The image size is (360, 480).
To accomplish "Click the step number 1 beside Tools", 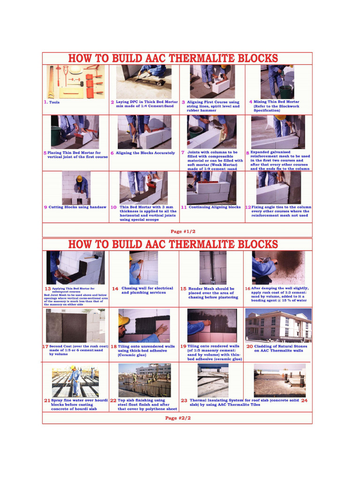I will [x=45, y=102].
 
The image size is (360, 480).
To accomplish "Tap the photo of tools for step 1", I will [x=75, y=82].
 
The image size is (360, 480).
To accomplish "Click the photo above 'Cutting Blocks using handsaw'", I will [x=76, y=187].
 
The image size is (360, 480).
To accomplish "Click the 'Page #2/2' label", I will [x=178, y=418].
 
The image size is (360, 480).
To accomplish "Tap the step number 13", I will [x=47, y=289].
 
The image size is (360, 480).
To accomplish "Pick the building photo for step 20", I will [x=278, y=325].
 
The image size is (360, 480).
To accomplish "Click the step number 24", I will [x=304, y=401].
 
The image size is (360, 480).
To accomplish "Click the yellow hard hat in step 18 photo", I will [x=124, y=320].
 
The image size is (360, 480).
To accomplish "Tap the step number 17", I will [x=45, y=346].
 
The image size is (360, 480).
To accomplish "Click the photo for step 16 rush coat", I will [x=278, y=267].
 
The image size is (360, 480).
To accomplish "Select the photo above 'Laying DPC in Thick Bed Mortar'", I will [x=144, y=82].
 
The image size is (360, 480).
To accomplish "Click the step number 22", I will [x=113, y=401].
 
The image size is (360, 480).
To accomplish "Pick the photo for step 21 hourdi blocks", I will [x=75, y=380].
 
